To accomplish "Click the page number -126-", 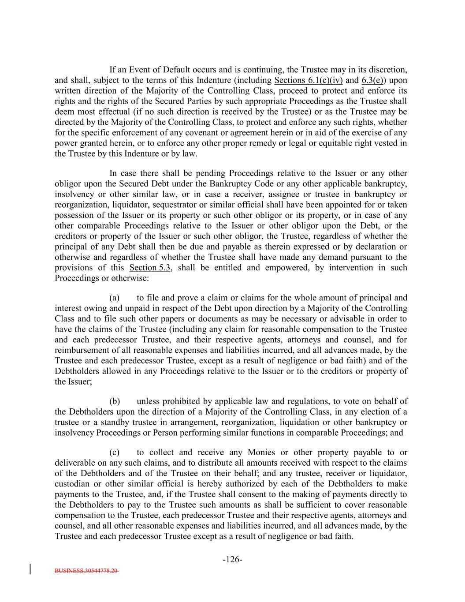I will tap(232, 560).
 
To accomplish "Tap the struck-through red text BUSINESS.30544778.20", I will tap(86, 570).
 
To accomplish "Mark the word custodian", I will tap(72, 484).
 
